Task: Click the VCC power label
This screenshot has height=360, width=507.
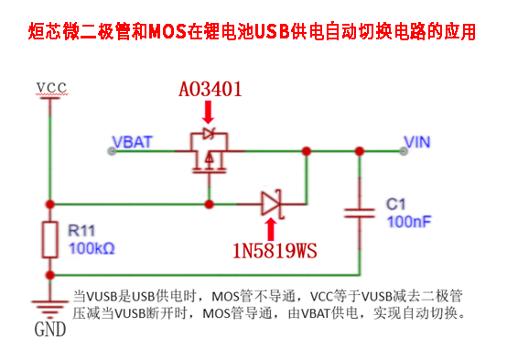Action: coord(51,88)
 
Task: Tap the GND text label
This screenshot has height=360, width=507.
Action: coord(50,330)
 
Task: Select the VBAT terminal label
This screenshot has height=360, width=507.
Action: coord(132,142)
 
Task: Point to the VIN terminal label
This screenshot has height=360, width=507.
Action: coord(417,142)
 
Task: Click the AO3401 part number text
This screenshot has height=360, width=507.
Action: coord(210,89)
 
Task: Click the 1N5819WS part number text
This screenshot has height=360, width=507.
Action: coord(275,251)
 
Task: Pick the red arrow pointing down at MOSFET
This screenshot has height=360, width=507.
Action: coord(209,112)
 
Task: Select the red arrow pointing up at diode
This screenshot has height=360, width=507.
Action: coord(271,229)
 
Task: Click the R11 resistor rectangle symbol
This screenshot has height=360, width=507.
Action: coord(50,240)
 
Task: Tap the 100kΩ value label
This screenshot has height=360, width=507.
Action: coord(92,248)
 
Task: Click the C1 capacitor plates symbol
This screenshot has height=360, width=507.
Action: coord(360,213)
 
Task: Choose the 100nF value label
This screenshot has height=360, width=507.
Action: coord(409,222)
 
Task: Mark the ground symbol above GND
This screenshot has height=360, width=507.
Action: coord(49,309)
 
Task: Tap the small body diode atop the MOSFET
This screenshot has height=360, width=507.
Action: coord(209,134)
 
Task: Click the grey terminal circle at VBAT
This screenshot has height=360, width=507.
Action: coord(112,151)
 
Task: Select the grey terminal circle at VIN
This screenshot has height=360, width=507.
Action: coord(404,151)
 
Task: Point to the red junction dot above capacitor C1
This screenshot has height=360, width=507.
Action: coord(360,151)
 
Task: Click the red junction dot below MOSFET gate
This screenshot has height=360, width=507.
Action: coord(210,204)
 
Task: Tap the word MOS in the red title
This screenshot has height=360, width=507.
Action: coord(167,32)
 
